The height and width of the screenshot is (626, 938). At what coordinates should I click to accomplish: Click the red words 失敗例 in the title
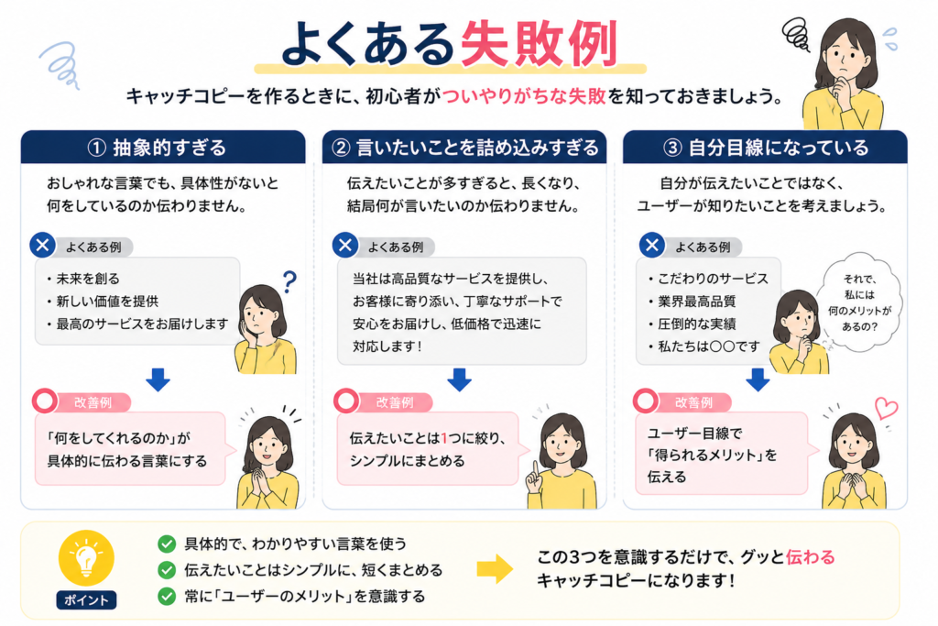[539, 43]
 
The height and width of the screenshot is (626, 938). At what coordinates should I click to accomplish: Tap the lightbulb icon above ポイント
[86, 558]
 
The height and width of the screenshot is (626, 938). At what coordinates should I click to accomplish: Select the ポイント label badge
[86, 600]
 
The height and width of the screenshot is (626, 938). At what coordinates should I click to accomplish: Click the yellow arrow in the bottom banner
[495, 569]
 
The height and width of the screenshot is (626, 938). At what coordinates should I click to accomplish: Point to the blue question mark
[289, 281]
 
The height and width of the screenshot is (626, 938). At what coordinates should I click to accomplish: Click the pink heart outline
[886, 408]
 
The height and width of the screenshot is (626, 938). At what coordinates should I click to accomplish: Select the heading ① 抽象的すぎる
[157, 148]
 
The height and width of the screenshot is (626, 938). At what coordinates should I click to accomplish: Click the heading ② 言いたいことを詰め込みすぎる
[464, 148]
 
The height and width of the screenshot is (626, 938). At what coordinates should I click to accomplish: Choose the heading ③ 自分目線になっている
[766, 148]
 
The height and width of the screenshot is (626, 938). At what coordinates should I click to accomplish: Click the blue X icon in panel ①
[42, 246]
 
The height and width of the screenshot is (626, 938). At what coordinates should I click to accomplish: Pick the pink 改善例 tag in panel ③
[693, 402]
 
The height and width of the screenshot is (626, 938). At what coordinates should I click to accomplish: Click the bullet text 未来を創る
[88, 279]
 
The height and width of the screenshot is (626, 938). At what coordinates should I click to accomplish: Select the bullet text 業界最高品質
[696, 302]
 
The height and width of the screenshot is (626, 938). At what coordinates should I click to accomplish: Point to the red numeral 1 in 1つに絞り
[444, 438]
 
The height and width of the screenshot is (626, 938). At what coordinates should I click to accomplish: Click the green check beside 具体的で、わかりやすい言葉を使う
[167, 544]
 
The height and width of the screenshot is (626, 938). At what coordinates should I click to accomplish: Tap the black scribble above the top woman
[797, 34]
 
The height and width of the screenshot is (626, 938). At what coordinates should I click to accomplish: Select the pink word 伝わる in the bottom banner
[810, 557]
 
